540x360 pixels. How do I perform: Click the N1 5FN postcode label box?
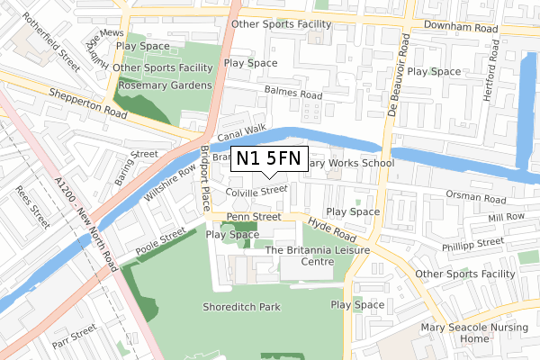coord(270,159)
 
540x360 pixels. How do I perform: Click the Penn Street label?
coord(255,217)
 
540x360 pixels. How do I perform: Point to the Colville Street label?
coord(257,191)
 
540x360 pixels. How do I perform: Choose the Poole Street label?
coord(160,240)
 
